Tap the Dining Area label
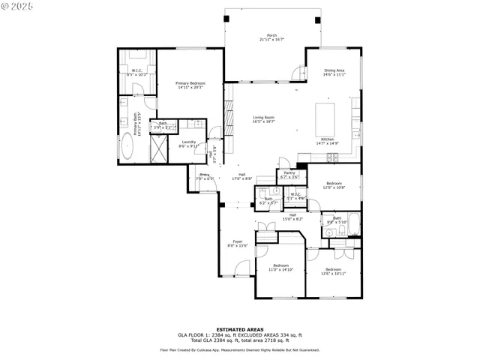[334, 73]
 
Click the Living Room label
[263, 119]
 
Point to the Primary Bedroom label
[190, 85]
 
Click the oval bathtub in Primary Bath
[127, 150]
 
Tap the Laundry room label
[188, 144]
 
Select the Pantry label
[289, 175]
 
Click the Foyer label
[237, 243]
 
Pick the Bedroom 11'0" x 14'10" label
[281, 268]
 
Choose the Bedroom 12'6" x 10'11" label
[334, 271]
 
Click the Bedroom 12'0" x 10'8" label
[334, 185]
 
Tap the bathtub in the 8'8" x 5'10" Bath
[353, 224]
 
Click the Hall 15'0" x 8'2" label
[295, 217]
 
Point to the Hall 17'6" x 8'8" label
[241, 177]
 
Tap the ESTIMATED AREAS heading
[239, 329]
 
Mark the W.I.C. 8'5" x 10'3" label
[137, 73]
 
